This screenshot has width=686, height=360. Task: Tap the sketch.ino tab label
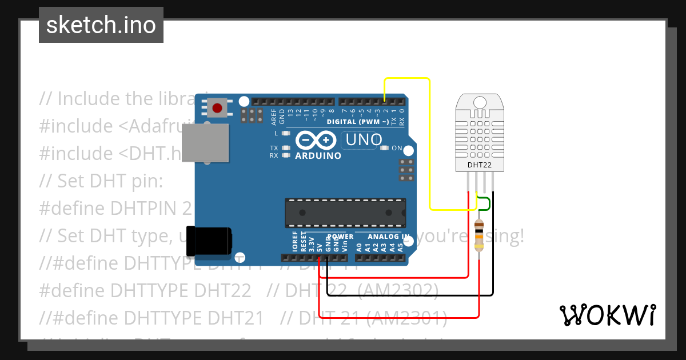(101, 25)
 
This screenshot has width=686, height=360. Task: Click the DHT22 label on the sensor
(480, 166)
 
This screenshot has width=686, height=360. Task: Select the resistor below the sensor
(479, 235)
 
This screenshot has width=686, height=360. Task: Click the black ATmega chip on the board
(346, 213)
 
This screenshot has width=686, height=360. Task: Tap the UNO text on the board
(364, 139)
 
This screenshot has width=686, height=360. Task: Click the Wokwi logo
(607, 315)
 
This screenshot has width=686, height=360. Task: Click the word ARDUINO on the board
(318, 155)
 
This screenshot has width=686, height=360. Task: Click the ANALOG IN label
(389, 237)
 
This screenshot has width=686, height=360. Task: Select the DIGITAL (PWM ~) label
(358, 122)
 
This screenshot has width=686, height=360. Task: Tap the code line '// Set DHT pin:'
(101, 181)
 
